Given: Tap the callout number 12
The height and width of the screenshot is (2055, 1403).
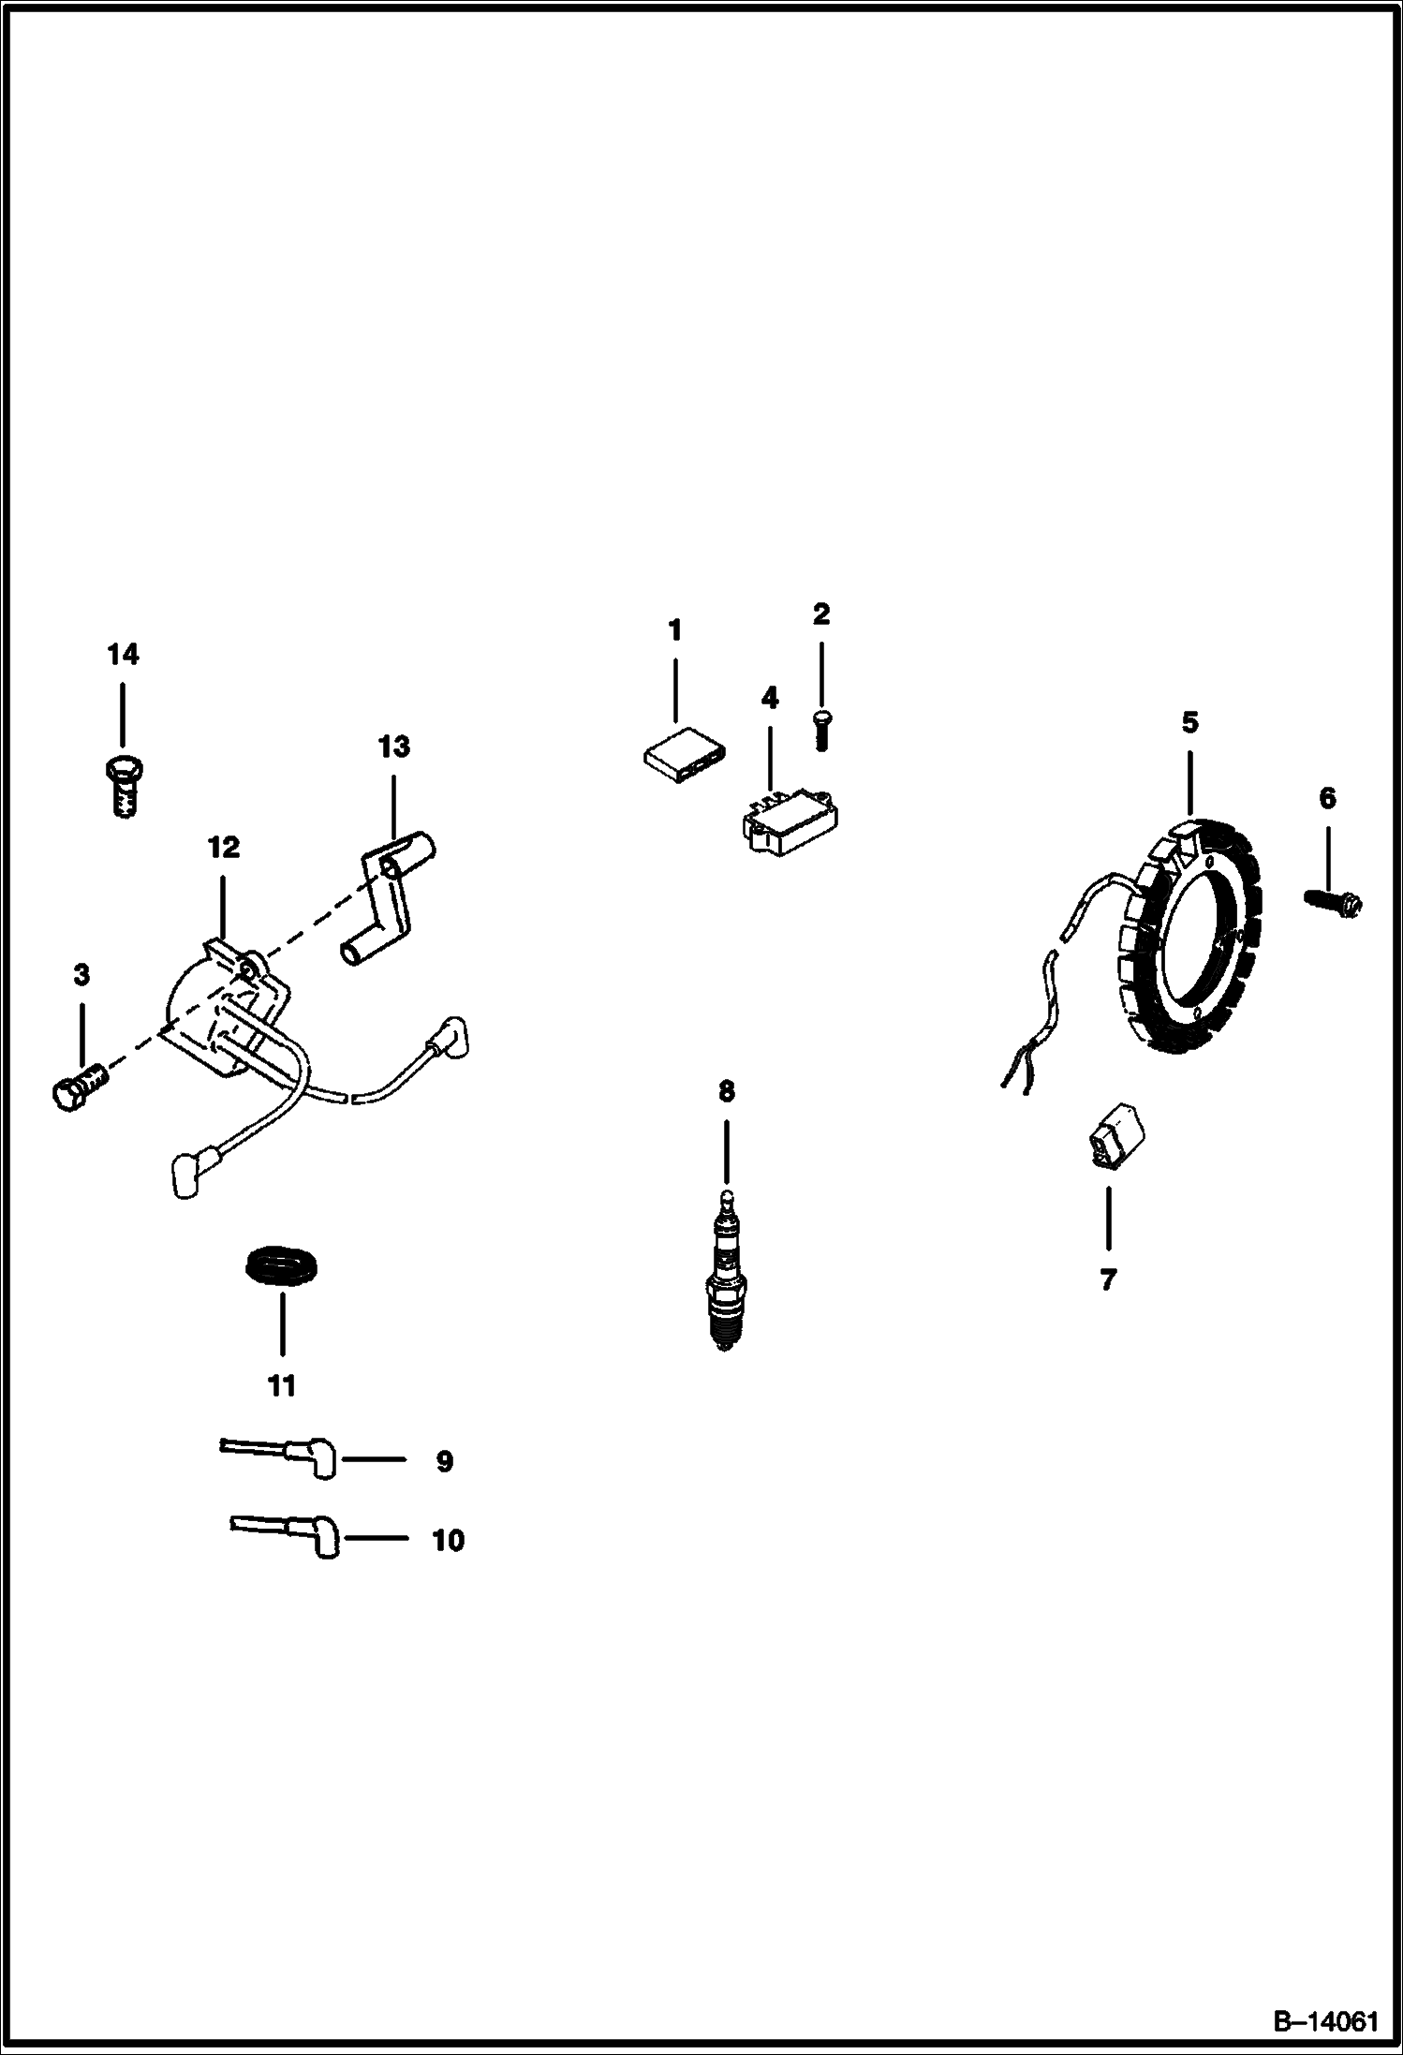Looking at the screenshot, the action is tap(223, 848).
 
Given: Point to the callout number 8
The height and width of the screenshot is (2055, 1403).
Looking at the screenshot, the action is tap(727, 1091).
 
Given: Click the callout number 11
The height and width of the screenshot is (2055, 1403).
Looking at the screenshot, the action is tap(282, 1385).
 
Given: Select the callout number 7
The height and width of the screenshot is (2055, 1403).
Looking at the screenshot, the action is tap(1108, 1279).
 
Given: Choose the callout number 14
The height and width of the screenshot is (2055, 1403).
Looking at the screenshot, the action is tap(123, 655).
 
